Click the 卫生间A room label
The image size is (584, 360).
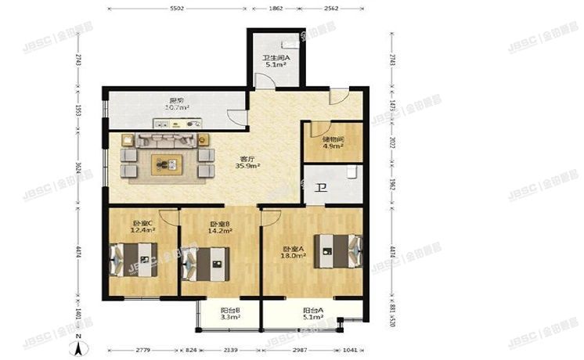pyautogui.click(x=276, y=57)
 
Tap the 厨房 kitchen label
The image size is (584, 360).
pyautogui.click(x=176, y=100)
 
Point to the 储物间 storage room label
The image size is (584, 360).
pyautogui.click(x=332, y=139)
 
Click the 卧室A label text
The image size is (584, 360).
pyautogui.click(x=293, y=250)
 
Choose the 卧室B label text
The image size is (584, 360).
pyautogui.click(x=219, y=224)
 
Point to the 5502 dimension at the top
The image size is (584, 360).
pyautogui.click(x=176, y=8)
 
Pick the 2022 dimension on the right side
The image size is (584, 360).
pyautogui.click(x=391, y=143)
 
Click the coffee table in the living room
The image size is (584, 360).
pyautogui.click(x=168, y=164)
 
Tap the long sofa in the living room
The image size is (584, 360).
pyautogui.click(x=168, y=141)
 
